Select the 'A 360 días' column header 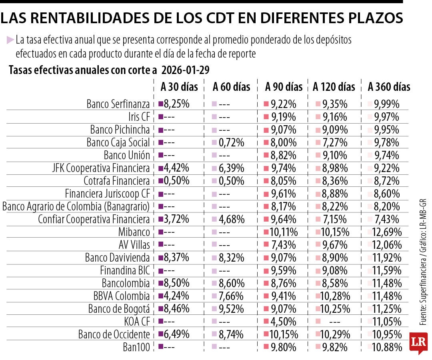[x=389, y=87]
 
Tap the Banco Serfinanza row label [x=118, y=104]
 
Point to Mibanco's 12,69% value [x=386, y=232]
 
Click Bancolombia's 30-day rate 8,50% [x=176, y=283]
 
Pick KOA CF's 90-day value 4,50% [x=283, y=322]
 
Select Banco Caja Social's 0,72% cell [x=231, y=142]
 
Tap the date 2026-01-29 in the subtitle [x=186, y=70]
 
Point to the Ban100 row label [x=136, y=347]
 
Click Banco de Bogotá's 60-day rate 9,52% [x=231, y=309]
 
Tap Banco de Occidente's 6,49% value [x=176, y=334]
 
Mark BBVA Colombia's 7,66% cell [x=231, y=296]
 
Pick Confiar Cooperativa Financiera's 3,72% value [x=176, y=219]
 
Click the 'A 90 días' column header [x=284, y=87]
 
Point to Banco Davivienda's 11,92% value [x=386, y=258]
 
